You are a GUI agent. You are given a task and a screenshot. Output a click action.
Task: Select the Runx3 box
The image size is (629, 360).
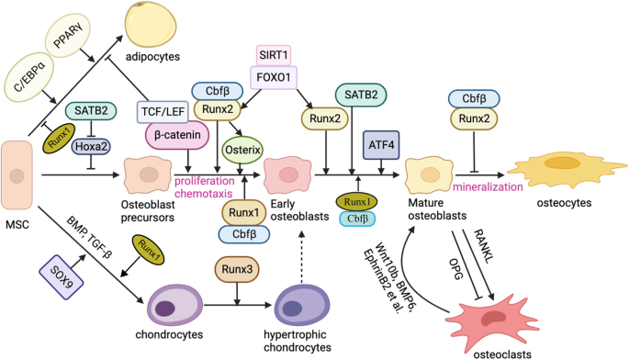coord(237,270)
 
